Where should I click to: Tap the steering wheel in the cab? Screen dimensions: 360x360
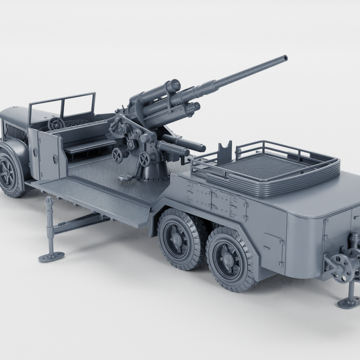pyautogui.click(x=56, y=123)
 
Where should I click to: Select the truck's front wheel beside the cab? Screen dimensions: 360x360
pyautogui.click(x=9, y=173)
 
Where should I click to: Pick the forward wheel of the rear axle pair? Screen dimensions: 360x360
pyautogui.click(x=179, y=238)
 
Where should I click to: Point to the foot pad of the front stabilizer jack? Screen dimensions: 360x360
pyautogui.click(x=51, y=257)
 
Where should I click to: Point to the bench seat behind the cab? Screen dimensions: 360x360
pyautogui.click(x=89, y=146)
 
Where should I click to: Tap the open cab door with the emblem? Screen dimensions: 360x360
pyautogui.click(x=49, y=155)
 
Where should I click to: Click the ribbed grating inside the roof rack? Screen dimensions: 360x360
pyautogui.click(x=270, y=165)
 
